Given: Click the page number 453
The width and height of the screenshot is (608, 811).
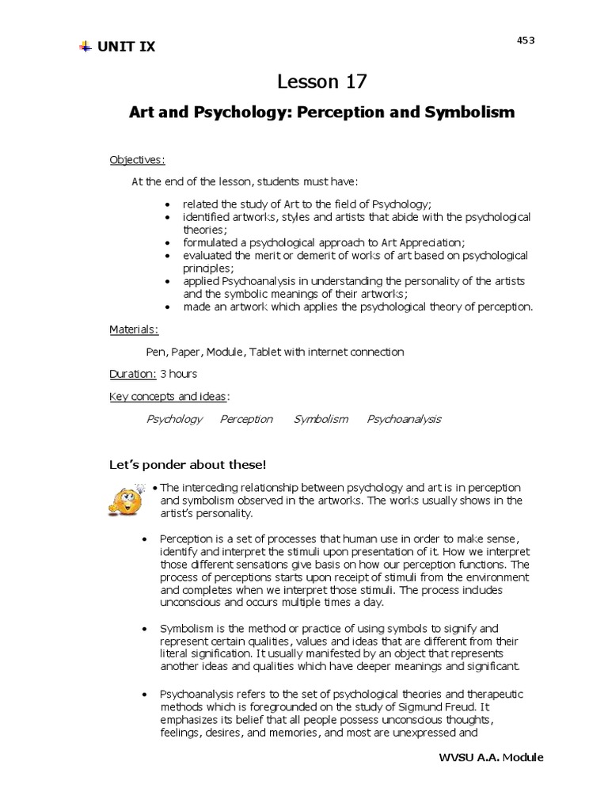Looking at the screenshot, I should pyautogui.click(x=526, y=40).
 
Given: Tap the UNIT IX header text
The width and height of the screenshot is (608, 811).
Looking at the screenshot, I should pyautogui.click(x=127, y=47).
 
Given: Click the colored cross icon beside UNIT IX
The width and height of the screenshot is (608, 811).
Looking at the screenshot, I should pyautogui.click(x=85, y=47).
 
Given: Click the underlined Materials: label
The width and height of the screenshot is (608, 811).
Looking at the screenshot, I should pyautogui.click(x=134, y=329).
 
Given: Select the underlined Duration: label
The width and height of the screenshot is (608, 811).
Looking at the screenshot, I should pyautogui.click(x=132, y=373).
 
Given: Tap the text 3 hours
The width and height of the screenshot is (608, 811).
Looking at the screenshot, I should pyautogui.click(x=179, y=373).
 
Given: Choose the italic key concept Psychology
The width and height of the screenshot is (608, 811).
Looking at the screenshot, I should pyautogui.click(x=174, y=419).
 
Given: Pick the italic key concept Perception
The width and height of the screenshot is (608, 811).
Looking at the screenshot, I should pyautogui.click(x=246, y=419).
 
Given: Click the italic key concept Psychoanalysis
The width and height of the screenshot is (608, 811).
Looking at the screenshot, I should pyautogui.click(x=404, y=419).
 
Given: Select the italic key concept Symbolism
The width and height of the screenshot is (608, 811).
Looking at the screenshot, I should pyautogui.click(x=321, y=419).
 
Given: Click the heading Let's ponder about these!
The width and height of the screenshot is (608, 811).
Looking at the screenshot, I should pyautogui.click(x=193, y=463).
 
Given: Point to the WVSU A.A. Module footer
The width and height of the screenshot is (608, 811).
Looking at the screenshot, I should pyautogui.click(x=491, y=758).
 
